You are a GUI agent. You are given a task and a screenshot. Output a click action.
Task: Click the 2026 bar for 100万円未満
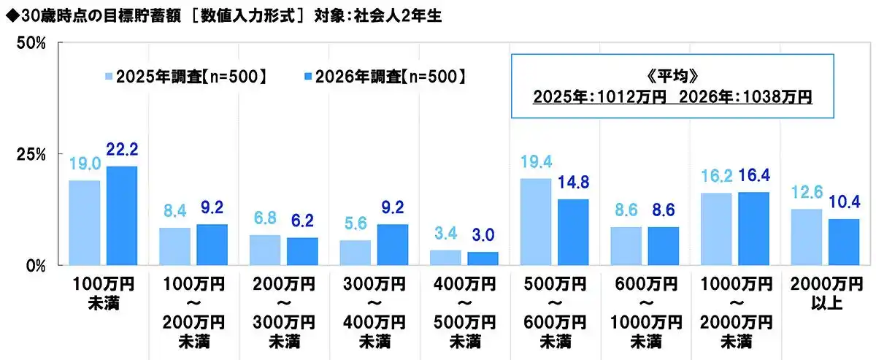point(122,215)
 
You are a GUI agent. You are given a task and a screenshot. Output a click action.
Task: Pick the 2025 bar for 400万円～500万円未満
point(445,257)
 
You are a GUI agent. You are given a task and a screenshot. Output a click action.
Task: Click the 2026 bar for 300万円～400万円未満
point(392,244)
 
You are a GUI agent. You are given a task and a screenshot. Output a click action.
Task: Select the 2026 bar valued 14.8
point(573,231)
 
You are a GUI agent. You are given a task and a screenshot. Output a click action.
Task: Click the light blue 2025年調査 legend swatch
point(109,76)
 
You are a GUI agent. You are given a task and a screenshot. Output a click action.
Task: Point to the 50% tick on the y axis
point(32,43)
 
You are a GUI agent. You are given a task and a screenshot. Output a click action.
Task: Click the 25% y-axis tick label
point(32,154)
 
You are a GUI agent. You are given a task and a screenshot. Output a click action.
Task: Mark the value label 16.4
point(754,175)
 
